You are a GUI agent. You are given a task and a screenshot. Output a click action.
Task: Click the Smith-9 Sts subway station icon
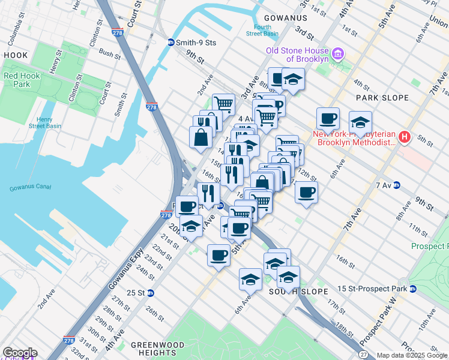point(171,42)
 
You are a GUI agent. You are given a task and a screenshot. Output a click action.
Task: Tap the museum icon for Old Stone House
point(337,55)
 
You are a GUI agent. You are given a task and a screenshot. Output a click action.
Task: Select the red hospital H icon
point(405,138)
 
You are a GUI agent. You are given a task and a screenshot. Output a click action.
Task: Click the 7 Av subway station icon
point(397,185)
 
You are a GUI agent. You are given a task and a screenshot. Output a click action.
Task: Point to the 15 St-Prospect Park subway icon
point(413,289)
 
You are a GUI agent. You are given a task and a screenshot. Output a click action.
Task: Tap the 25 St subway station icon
point(151,293)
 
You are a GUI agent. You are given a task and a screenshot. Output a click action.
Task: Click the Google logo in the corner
point(20,353)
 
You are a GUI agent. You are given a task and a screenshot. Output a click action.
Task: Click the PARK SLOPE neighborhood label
point(382,97)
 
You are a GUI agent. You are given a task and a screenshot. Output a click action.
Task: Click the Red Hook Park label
point(17,80)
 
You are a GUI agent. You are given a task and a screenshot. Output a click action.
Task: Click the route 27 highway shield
point(364,355)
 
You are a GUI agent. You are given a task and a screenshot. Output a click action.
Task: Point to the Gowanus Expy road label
point(127,267)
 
